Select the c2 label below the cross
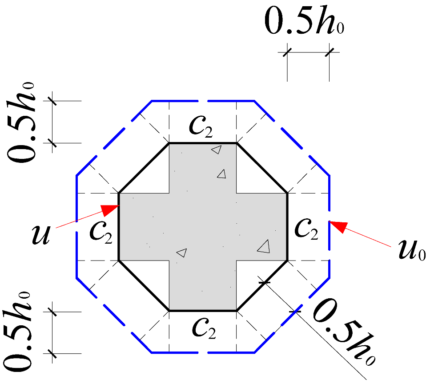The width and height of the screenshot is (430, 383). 204,328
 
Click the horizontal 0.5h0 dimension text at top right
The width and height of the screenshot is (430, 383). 305,22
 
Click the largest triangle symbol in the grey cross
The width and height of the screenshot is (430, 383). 264,247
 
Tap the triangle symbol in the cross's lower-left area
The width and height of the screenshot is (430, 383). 181,253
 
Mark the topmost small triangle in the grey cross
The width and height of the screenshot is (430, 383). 217,150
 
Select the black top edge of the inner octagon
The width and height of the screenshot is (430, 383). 203,143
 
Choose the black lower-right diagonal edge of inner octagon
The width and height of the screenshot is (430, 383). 261,285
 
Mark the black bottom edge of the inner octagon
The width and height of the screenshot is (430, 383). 203,311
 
